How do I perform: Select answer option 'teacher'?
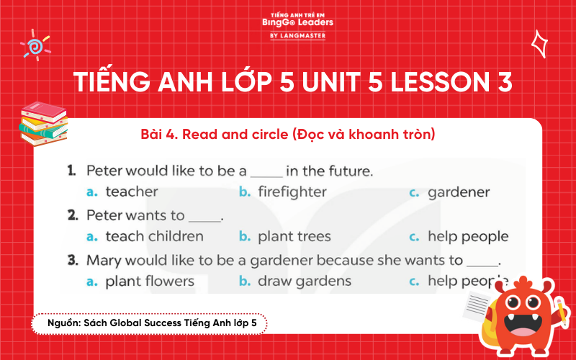[132, 192]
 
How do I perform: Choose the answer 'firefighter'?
[292, 192]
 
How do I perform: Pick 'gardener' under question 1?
[459, 192]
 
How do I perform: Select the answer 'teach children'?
[154, 236]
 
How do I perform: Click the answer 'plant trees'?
[294, 236]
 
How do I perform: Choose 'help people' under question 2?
[467, 236]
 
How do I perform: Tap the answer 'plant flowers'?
[150, 281]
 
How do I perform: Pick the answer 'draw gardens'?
[304, 281]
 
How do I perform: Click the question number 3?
[72, 259]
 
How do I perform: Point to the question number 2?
[72, 215]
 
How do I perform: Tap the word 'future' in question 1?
[348, 171]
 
